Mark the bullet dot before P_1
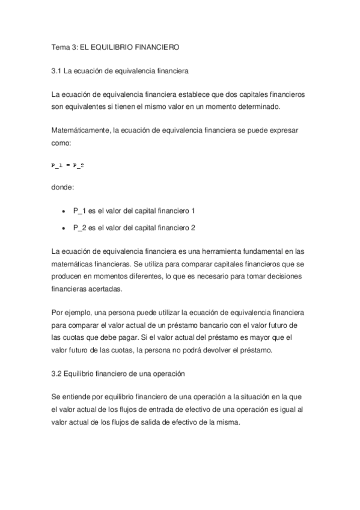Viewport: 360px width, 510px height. (64, 212)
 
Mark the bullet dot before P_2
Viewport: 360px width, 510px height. (64, 228)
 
